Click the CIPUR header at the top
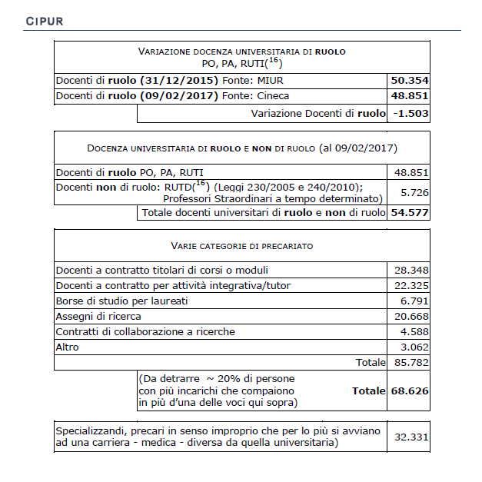tap(45, 21)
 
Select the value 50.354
tap(410, 81)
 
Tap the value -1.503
tap(410, 113)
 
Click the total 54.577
tap(410, 212)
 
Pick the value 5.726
tap(411, 192)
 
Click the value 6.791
tap(414, 301)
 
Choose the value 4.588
tap(414, 332)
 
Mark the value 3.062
tap(414, 347)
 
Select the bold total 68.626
tap(410, 391)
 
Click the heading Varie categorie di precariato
tap(241, 246)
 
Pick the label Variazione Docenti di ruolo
tap(318, 113)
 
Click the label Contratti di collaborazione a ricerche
tap(145, 332)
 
